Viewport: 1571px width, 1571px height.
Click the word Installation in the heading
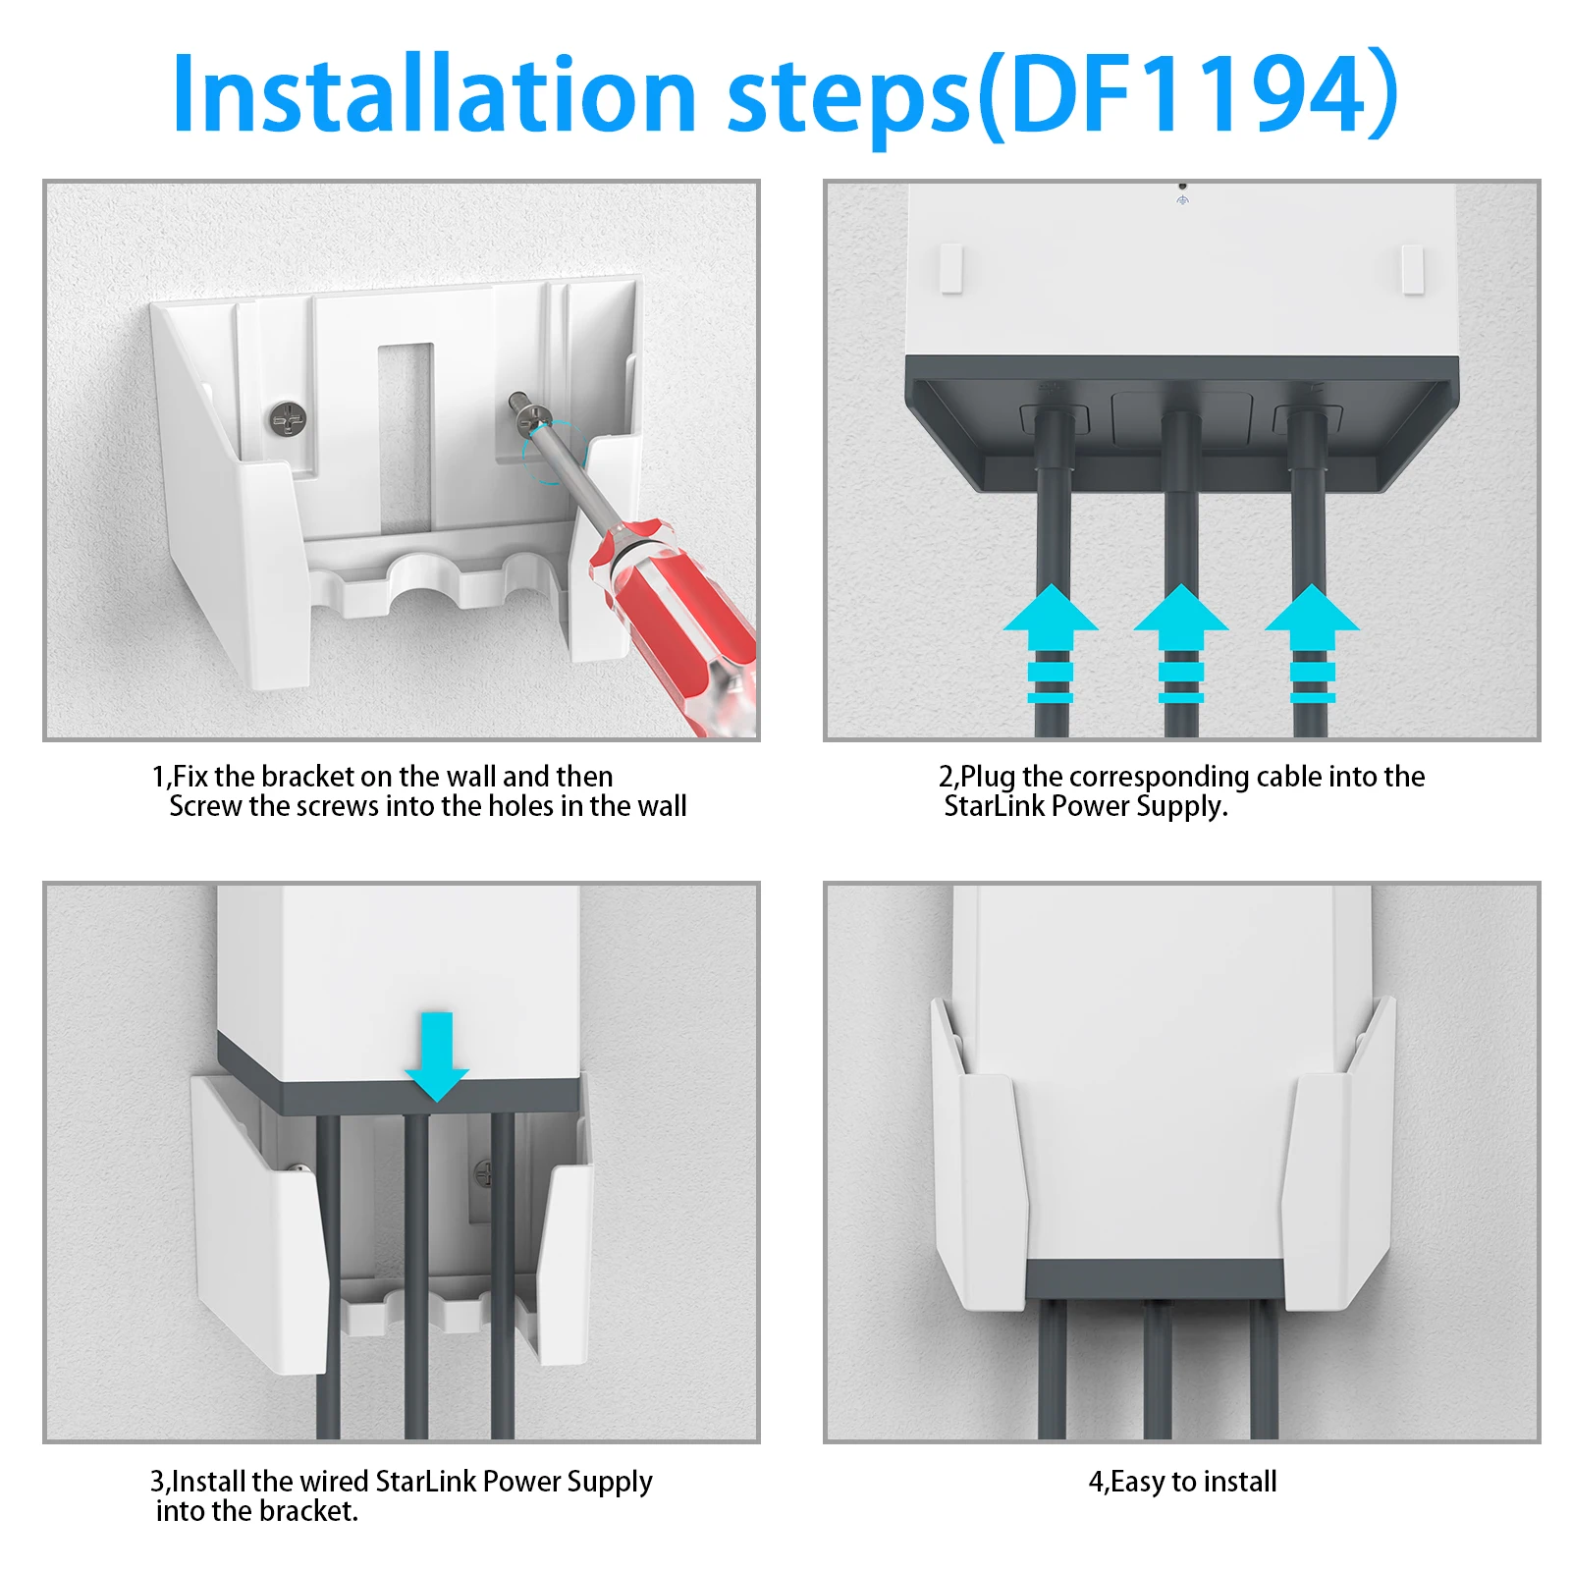point(432,93)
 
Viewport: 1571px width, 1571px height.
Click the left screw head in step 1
point(288,421)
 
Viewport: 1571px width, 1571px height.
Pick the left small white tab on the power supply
point(951,269)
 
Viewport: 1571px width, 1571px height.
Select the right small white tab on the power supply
point(1412,269)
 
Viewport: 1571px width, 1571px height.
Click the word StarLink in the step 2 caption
point(987,806)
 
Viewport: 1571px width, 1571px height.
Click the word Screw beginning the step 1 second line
point(205,806)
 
